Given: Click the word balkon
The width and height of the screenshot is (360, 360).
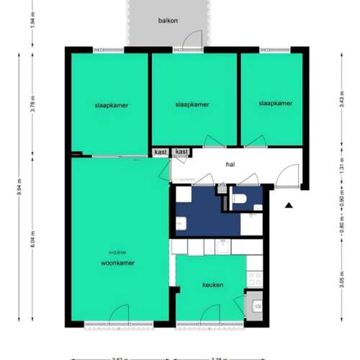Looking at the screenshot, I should click(x=168, y=20).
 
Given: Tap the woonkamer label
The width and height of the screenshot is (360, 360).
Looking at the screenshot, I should click(x=118, y=263).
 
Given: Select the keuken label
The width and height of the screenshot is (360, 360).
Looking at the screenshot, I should click(x=212, y=284).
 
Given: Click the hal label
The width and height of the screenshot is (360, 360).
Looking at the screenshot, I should click(x=230, y=164).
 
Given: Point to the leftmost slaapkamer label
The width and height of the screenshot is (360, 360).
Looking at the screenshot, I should click(x=112, y=105).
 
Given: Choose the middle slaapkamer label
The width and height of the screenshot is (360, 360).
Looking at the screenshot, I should click(x=192, y=104).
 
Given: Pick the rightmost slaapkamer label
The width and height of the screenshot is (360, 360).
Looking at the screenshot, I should click(x=276, y=104).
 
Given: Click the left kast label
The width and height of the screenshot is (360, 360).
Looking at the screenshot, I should click(x=161, y=152).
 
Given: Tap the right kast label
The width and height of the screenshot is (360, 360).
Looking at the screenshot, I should click(x=182, y=152).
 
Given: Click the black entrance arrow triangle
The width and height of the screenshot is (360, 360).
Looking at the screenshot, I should click(x=289, y=205).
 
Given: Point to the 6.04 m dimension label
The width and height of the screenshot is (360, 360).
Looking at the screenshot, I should click(x=32, y=238).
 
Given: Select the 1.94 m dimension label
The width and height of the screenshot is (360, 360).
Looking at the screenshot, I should click(x=32, y=22).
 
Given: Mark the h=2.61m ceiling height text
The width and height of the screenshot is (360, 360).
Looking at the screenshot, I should click(x=117, y=252).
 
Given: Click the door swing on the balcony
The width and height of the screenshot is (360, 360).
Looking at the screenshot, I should click(x=192, y=40).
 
